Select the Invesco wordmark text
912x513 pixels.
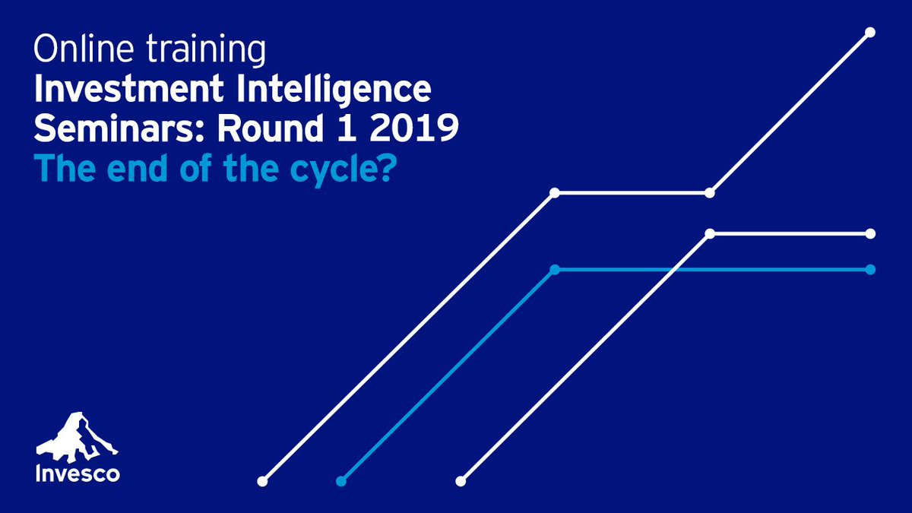[77, 475]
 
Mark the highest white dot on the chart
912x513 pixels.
[870, 32]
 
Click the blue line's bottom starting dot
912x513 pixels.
[341, 481]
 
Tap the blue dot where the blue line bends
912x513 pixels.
[555, 269]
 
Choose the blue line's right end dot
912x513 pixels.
[870, 269]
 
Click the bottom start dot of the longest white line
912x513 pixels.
[263, 481]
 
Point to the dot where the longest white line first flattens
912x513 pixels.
[555, 193]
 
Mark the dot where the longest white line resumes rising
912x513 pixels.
[709, 193]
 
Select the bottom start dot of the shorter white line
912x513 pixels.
[460, 481]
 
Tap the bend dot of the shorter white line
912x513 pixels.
[709, 233]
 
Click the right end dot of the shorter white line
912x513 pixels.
[870, 233]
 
